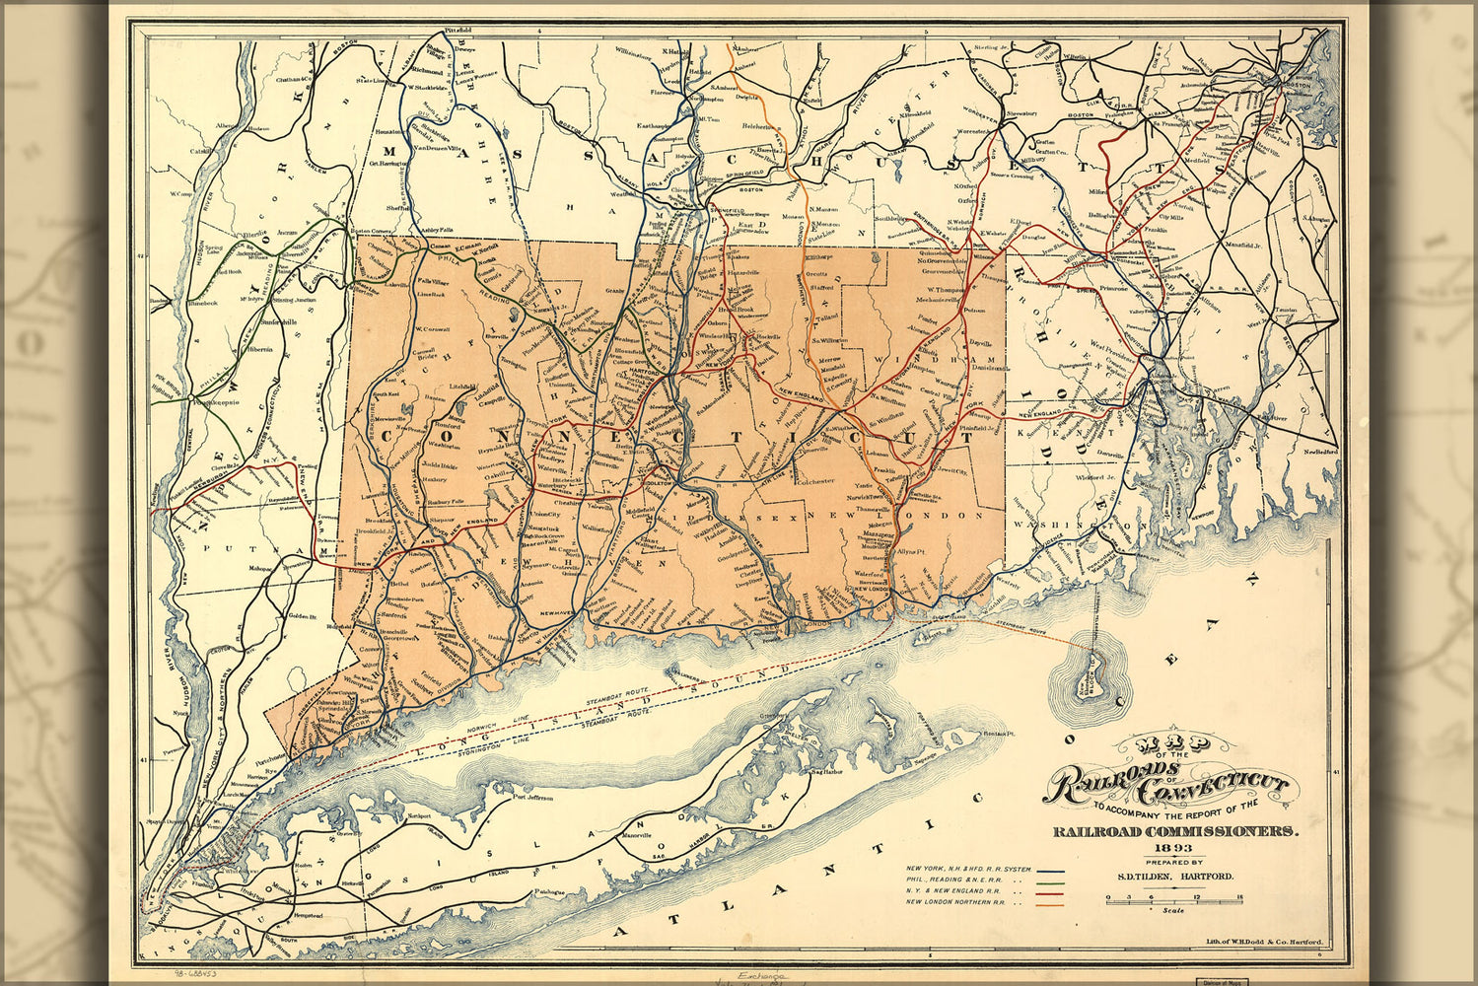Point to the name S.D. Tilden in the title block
point(1143,876)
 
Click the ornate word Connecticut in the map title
point(1213,787)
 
